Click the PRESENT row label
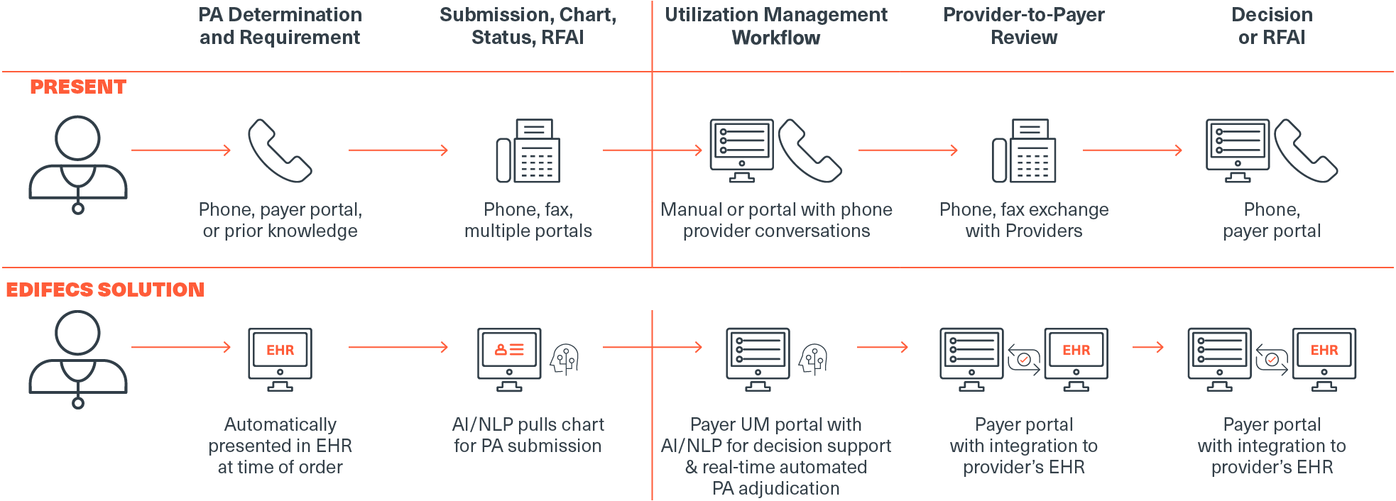click(78, 87)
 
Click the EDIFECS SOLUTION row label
click(105, 290)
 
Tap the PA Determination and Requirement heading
click(280, 26)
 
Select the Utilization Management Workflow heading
click(776, 26)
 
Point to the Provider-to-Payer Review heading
click(1024, 26)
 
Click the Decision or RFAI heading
click(1272, 26)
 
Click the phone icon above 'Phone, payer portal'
click(280, 150)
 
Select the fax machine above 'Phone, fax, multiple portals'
click(528, 150)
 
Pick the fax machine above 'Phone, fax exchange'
click(1024, 150)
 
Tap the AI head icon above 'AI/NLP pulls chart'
click(565, 360)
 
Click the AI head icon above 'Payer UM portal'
click(813, 360)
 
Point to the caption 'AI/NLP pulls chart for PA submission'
click(528, 435)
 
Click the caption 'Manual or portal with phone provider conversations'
click(776, 220)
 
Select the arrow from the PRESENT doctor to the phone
click(181, 150)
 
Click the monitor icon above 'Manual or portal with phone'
click(742, 150)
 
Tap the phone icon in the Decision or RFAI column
click(1306, 150)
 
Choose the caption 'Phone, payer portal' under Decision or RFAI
click(1272, 220)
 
